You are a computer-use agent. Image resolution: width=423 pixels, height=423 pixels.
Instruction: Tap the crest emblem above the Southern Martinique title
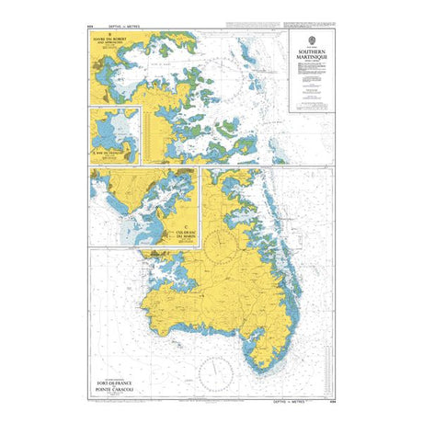click(311, 39)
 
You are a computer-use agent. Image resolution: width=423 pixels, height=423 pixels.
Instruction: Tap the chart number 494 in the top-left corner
click(89, 27)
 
